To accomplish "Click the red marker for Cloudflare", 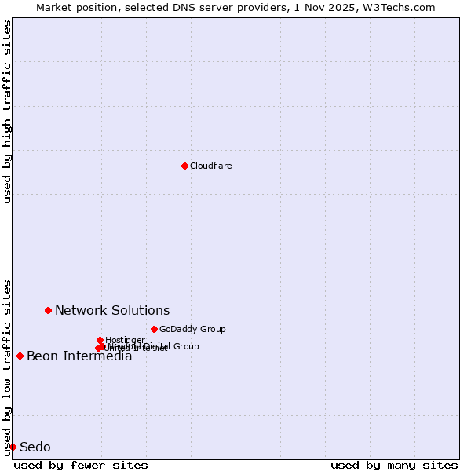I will (x=184, y=166).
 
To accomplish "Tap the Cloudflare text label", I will (x=210, y=166).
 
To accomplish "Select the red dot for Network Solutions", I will (x=48, y=310).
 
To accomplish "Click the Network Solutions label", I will (x=112, y=310).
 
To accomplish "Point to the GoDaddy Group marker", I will (x=154, y=329).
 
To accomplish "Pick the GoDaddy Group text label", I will (x=192, y=329).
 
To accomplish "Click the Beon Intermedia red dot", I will (x=20, y=356).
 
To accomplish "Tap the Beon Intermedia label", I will (x=79, y=356).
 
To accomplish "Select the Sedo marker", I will (x=13, y=447).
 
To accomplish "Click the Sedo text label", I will (x=35, y=447).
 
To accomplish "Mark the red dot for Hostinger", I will (x=100, y=340).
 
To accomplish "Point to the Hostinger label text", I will (x=125, y=340).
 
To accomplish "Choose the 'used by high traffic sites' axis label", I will (x=7, y=111).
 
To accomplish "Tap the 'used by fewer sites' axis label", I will (x=81, y=465).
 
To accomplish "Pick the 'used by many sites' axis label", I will (x=394, y=465).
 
